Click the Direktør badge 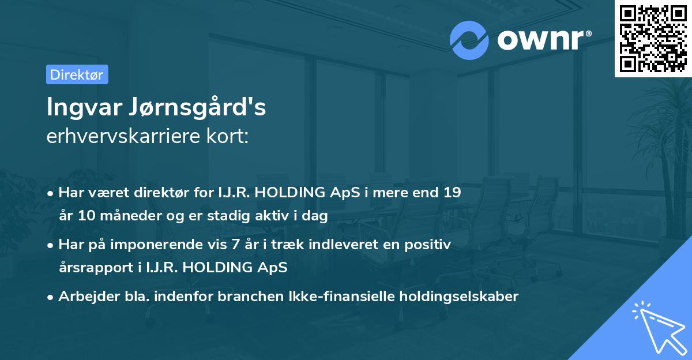point(77,74)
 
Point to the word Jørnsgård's point(204,108)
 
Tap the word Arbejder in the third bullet point(84,297)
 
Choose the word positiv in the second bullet point(428,244)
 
